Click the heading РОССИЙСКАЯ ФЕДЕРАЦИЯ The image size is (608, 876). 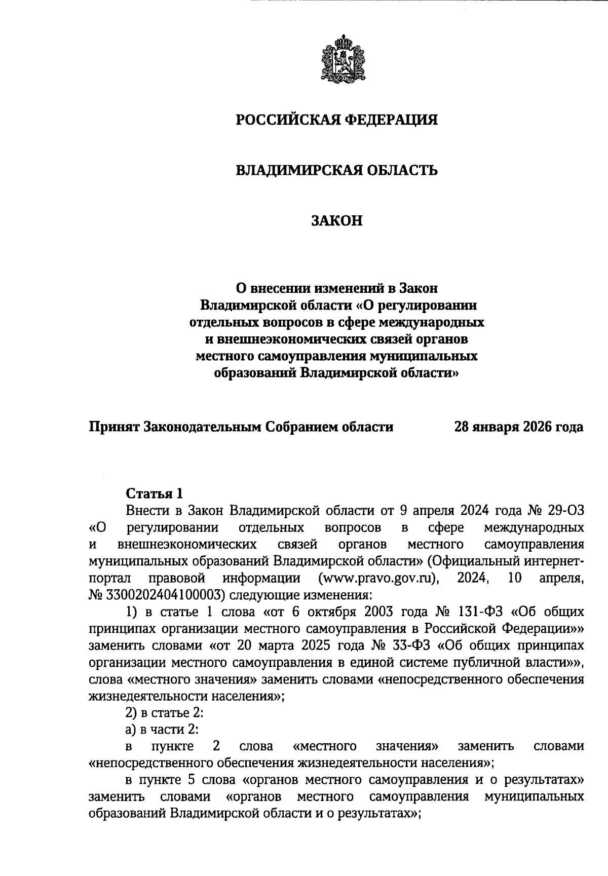click(337, 120)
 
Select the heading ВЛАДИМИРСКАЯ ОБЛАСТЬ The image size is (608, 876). click(337, 170)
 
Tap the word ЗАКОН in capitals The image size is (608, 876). click(337, 221)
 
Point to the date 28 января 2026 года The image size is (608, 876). click(518, 427)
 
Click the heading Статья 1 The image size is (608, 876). click(154, 493)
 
